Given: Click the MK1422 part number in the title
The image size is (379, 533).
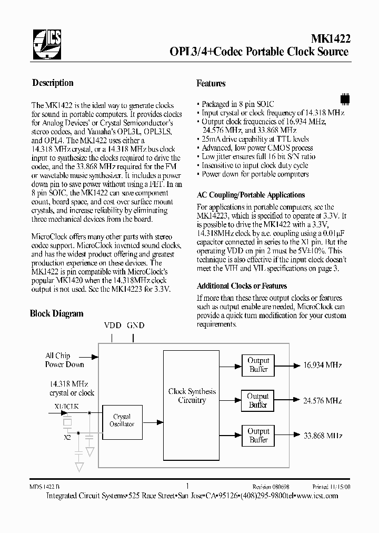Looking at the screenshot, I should tap(329, 38).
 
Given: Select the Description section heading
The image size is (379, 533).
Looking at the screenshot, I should tap(53, 83).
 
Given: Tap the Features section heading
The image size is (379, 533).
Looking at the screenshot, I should tap(211, 83).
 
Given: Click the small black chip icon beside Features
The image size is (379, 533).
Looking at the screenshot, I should tap(345, 98).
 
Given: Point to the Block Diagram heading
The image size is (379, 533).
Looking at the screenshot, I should tap(56, 313).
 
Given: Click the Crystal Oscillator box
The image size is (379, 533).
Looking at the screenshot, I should tap(122, 420).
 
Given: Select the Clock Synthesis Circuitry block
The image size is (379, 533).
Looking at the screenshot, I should tap(192, 396).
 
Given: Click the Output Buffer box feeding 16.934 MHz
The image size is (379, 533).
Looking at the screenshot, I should tap(258, 364).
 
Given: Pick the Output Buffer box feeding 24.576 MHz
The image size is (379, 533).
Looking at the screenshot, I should tap(258, 400).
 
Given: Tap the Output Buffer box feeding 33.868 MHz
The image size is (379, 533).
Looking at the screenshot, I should tap(258, 435).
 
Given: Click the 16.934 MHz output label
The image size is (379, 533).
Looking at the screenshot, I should tap(323, 365).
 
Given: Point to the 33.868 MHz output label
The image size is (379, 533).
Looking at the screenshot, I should tap(323, 436).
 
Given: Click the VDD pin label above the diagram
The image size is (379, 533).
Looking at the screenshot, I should tap(112, 325).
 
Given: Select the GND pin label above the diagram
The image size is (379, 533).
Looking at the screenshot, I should tap(135, 325).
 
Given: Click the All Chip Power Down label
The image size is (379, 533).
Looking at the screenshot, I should tap(64, 360).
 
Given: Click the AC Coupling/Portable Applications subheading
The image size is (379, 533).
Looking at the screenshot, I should tap(251, 195).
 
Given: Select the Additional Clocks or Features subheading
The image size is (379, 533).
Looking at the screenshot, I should tap(242, 286).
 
